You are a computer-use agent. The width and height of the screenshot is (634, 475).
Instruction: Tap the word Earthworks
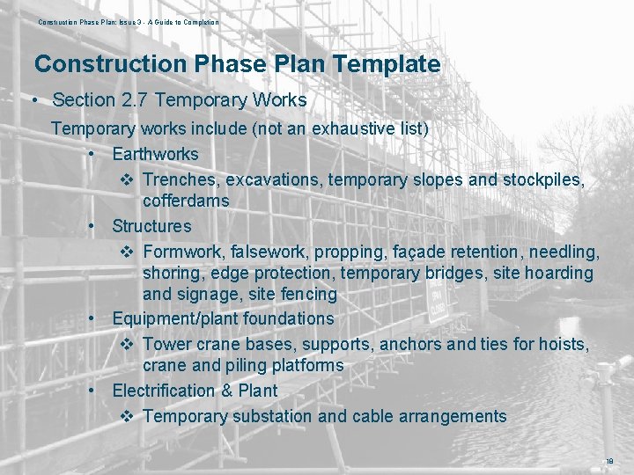(155, 154)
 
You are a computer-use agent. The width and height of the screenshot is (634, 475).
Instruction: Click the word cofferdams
(186, 201)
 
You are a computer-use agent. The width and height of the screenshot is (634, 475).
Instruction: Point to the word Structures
(151, 226)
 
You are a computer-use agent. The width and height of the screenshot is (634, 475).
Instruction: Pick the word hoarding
(558, 273)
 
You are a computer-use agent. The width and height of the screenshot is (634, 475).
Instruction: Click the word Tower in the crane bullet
(166, 343)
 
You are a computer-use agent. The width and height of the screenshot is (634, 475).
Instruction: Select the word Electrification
(163, 391)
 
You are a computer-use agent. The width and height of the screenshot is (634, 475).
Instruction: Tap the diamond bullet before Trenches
(125, 179)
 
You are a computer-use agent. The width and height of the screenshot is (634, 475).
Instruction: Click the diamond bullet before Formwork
(125, 252)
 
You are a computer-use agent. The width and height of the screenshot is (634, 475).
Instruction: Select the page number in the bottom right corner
(608, 461)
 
